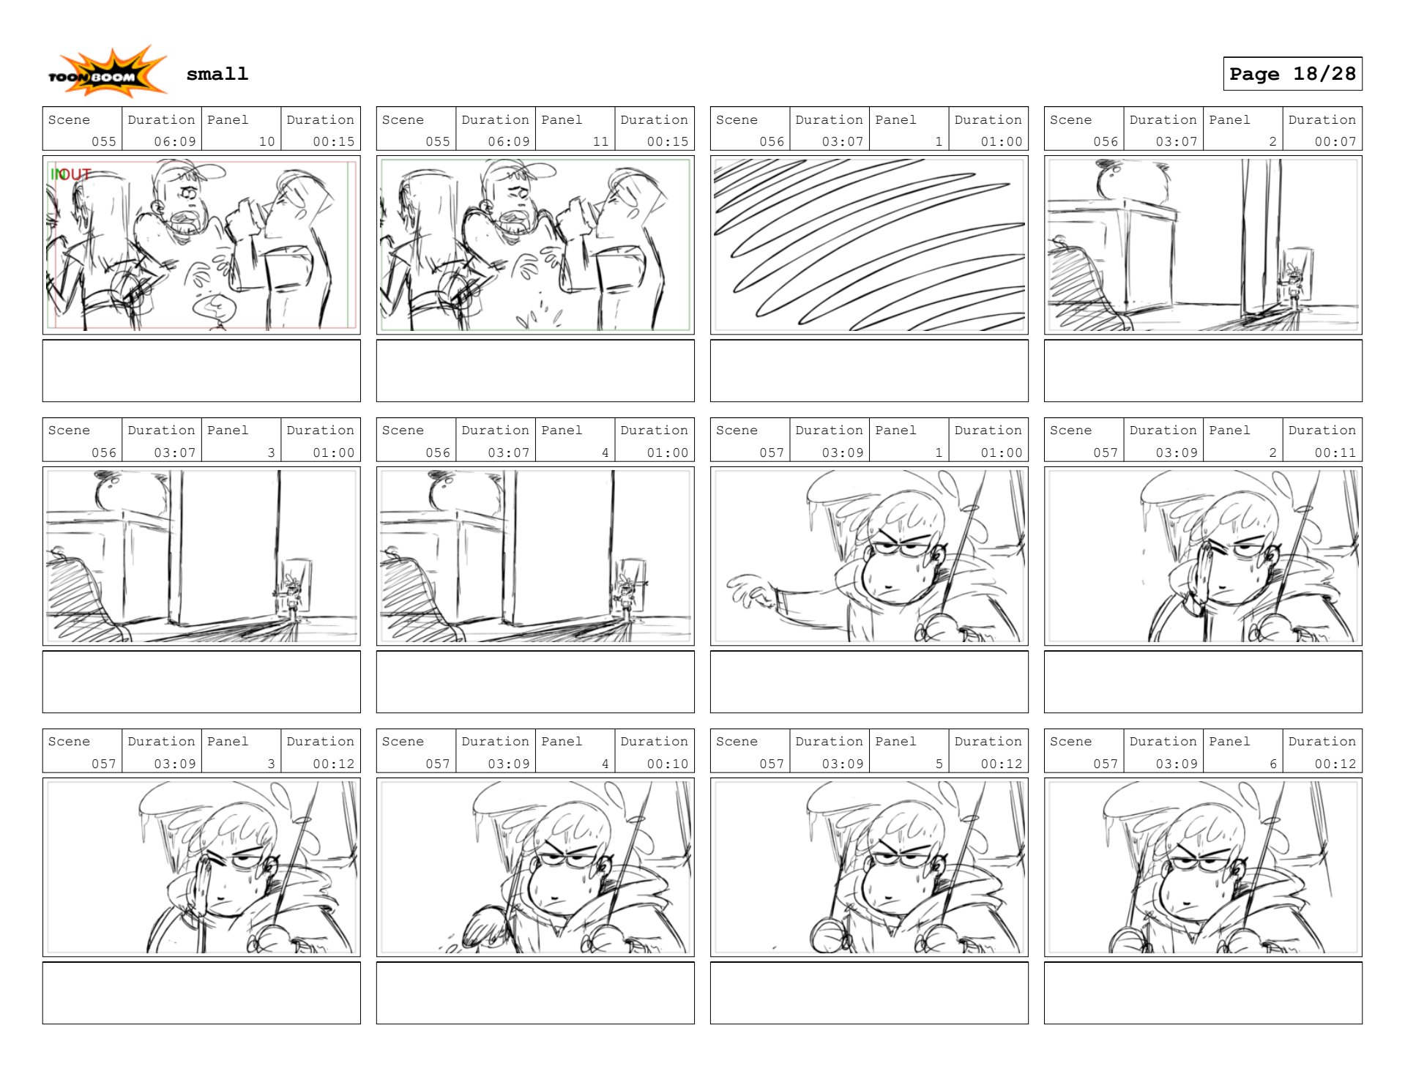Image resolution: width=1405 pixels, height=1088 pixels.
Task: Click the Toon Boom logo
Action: (x=108, y=72)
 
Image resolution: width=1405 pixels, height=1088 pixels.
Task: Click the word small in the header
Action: (x=217, y=74)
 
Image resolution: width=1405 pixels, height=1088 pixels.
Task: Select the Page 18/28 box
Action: (x=1292, y=74)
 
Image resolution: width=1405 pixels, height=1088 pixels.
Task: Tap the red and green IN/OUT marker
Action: (x=70, y=174)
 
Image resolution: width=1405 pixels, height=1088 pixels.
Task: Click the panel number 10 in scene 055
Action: (x=267, y=141)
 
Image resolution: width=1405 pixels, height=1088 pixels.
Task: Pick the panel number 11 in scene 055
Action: (x=600, y=141)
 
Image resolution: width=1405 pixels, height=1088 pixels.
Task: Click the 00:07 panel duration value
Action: (x=1335, y=141)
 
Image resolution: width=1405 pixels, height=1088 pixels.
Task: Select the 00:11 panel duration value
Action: (x=1335, y=452)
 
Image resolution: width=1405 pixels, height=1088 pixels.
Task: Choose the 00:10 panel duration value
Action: (x=667, y=764)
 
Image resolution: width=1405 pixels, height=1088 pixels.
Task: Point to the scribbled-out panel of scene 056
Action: (x=868, y=245)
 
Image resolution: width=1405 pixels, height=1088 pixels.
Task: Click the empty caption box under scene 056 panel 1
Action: (x=868, y=370)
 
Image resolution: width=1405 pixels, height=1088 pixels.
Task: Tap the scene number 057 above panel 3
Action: (x=103, y=764)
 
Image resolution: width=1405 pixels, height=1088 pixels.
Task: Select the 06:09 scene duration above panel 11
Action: (x=508, y=141)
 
